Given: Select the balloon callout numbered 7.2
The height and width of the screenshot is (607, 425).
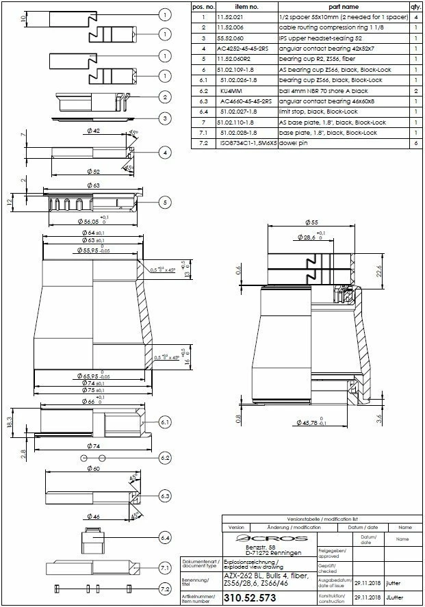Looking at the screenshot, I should coord(164,589).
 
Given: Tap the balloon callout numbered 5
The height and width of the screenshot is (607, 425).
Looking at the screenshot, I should coord(164,202).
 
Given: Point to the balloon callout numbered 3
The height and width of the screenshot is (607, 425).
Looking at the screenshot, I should coord(164,118).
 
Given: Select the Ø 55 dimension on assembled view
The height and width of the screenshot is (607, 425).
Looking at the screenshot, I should coord(309,223).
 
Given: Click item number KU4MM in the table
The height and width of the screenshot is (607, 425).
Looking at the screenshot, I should coord(231,90).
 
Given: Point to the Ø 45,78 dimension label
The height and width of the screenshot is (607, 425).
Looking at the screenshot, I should coord(311,422).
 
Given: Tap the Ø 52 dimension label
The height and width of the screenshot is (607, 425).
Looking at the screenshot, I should coord(93,171).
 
